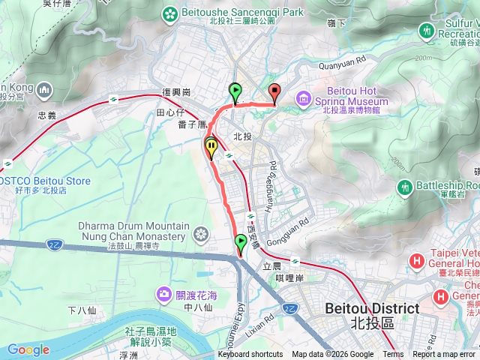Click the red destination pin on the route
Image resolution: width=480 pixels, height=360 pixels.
[x=274, y=93]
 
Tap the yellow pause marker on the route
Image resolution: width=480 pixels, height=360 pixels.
[x=212, y=146]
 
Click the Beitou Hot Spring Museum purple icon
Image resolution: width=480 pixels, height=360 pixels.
[x=303, y=97]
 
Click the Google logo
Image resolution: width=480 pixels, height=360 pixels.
[x=28, y=349]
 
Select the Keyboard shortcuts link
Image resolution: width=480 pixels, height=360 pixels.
[x=250, y=355]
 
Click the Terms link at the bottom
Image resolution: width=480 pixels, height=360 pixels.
[x=393, y=355]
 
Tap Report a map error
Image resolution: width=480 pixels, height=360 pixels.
[x=443, y=355]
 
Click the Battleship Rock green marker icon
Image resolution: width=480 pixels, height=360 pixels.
[x=406, y=186]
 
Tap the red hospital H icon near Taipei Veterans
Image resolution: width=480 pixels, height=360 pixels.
[x=417, y=262]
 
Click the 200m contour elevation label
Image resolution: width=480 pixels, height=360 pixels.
[x=422, y=57]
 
